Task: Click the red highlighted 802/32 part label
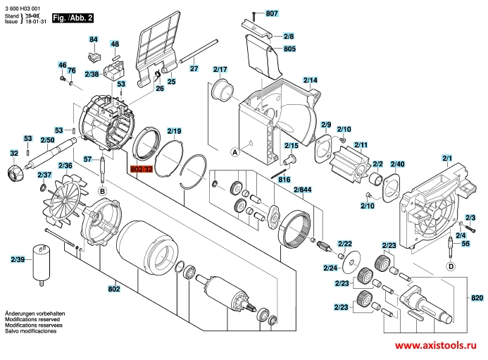142,169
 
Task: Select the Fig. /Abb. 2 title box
73,18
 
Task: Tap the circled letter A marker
235,152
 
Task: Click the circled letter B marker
102,191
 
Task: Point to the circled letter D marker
451,266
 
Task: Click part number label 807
272,13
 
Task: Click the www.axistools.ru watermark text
436,345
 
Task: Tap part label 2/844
303,190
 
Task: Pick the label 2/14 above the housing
311,80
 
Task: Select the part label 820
477,298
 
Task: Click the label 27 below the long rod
194,68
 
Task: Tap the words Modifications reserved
32,319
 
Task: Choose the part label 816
284,180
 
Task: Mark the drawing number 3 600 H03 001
23,8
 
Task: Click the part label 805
289,49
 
